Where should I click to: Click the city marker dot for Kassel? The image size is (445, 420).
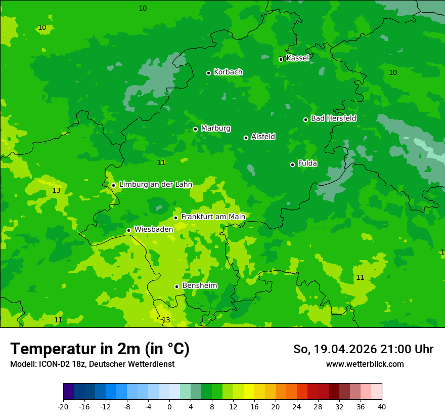[x=281, y=59]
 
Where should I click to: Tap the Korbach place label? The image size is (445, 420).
[x=228, y=72]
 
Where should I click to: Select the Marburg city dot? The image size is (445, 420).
[x=195, y=129]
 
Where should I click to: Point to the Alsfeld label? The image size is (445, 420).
[x=263, y=137]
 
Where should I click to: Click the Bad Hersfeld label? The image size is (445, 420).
[x=333, y=118]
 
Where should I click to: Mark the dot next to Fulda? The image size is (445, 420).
[x=292, y=164]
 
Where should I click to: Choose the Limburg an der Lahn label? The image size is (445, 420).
[x=156, y=185]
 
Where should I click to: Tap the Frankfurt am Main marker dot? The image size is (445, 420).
[x=175, y=218]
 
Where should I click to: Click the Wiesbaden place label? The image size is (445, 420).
[x=154, y=229]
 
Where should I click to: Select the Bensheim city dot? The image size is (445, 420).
[x=176, y=286]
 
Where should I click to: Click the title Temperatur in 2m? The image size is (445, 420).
[x=100, y=349]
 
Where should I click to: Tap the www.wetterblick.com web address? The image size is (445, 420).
[x=365, y=364]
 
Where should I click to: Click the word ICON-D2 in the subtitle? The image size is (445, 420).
[x=55, y=364]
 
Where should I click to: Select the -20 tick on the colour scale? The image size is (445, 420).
[x=63, y=406]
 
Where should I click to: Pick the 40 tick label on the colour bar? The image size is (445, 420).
[x=381, y=406]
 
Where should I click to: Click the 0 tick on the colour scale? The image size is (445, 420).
[x=169, y=406]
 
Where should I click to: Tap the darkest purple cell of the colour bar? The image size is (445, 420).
[x=68, y=392]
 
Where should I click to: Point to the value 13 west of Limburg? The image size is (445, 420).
[x=56, y=191]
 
